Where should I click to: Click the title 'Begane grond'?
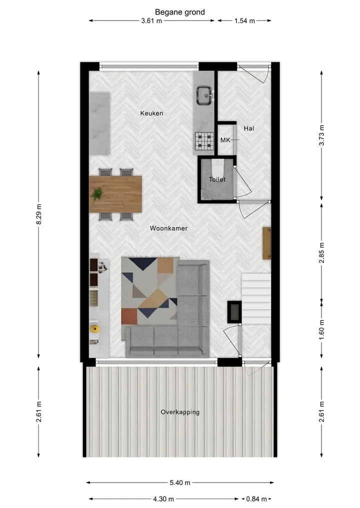[179, 12]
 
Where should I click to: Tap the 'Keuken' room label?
[151, 113]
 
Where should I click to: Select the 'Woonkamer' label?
[168, 228]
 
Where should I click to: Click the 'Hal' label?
[249, 128]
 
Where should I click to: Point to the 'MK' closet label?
[225, 140]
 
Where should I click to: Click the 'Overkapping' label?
[180, 412]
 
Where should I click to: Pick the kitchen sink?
[204, 95]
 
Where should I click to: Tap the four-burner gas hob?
[204, 141]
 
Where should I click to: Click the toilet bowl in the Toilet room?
[217, 168]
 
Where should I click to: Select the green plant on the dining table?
[97, 194]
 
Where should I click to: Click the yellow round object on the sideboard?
[94, 329]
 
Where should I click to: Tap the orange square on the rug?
[129, 316]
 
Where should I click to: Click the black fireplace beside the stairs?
[234, 312]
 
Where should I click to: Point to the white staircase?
[256, 298]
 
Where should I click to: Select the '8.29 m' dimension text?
[38, 214]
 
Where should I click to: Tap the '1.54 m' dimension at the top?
[245, 21]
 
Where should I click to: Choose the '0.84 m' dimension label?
[256, 499]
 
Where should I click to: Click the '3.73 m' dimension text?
[321, 135]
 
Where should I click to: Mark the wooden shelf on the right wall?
[266, 243]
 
